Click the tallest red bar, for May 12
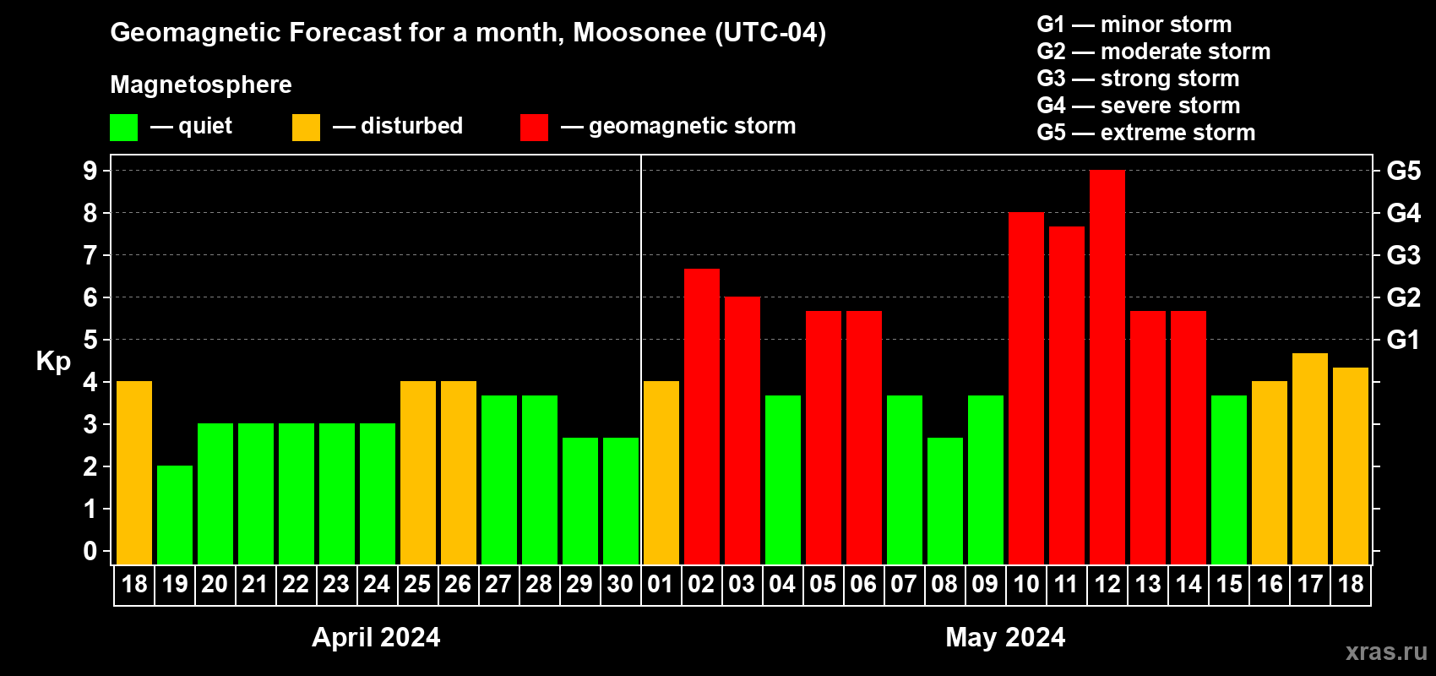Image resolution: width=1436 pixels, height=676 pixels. [1107, 368]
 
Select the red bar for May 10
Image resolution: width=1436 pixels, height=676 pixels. [1025, 389]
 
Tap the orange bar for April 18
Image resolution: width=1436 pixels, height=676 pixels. [134, 473]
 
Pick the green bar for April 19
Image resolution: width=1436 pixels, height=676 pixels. [175, 515]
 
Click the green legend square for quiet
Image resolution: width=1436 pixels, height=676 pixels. [123, 128]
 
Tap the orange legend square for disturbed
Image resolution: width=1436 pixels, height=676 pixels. [306, 128]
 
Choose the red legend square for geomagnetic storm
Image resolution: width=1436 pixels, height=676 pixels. [534, 128]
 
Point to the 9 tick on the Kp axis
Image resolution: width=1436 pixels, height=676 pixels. [90, 171]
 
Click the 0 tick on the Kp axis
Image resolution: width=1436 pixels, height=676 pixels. [90, 551]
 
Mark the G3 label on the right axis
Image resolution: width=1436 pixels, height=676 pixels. [1403, 255]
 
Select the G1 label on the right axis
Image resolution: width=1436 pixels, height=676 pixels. [1403, 340]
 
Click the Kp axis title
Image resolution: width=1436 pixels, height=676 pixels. [53, 362]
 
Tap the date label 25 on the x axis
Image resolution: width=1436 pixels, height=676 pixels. [417, 585]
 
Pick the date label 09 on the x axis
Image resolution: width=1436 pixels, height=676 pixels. [985, 585]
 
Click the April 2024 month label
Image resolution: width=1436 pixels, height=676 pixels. [376, 637]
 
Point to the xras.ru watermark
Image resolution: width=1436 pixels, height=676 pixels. [1385, 651]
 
